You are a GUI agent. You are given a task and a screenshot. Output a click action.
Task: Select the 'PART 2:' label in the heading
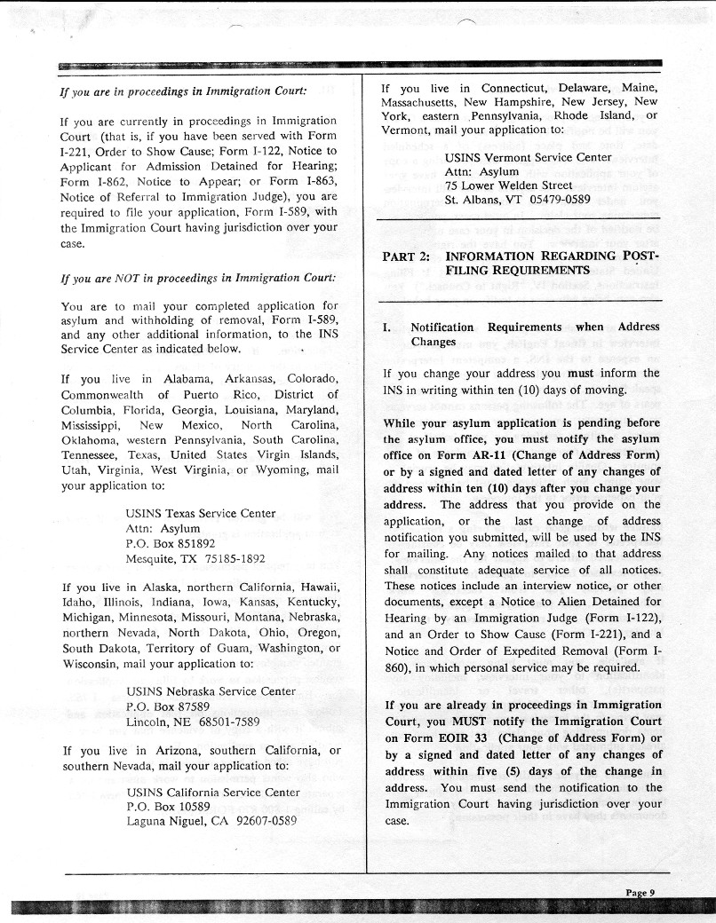tap(406, 256)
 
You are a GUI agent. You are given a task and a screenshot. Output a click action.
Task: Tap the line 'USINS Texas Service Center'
tap(200, 513)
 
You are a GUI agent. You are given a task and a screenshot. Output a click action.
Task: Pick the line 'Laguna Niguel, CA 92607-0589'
tap(211, 821)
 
